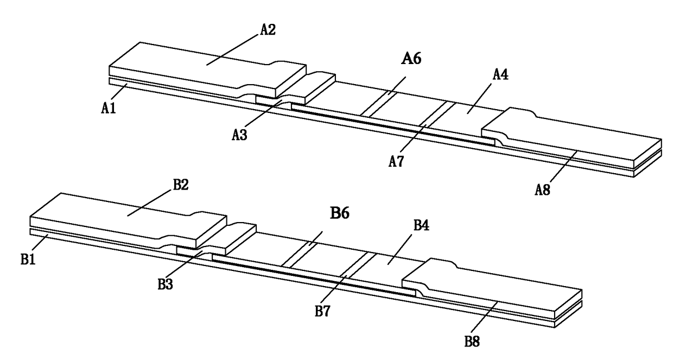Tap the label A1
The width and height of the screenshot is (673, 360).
pos(109,108)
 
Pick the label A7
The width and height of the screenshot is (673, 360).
pos(396,161)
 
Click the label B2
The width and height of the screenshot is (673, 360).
pos(181,185)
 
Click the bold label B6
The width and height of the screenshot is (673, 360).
pos(340,212)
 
